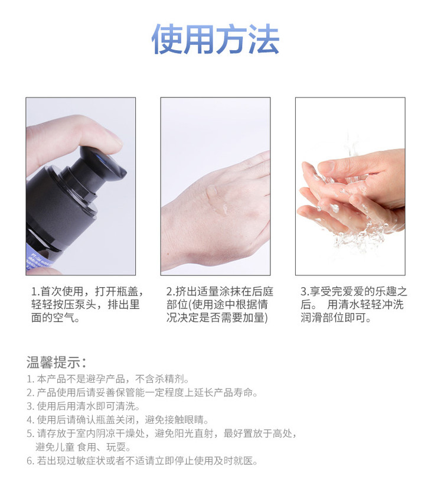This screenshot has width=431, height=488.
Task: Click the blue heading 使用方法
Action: [215, 39]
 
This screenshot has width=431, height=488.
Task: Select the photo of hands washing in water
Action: [350, 186]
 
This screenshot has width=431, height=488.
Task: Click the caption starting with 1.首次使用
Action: [88, 304]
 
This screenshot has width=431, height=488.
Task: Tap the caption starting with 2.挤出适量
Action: [220, 304]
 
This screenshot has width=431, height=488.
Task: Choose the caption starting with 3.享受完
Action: [354, 304]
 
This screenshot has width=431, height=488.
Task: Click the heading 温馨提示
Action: [56, 362]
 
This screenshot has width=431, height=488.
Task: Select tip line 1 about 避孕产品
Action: [107, 379]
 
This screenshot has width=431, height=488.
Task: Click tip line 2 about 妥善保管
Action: [142, 393]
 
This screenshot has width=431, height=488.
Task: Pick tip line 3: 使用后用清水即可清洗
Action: [83, 406]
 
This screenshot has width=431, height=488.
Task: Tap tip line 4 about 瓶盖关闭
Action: [117, 420]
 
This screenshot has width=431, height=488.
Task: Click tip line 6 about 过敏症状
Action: [142, 461]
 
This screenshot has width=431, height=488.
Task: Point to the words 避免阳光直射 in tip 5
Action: [184, 434]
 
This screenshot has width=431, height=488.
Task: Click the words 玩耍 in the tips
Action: [116, 447]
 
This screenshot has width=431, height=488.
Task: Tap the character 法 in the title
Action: [264, 40]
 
